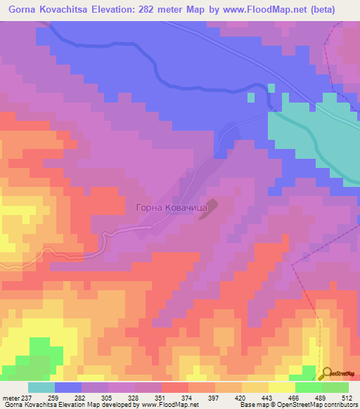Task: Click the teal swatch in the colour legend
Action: (41, 387)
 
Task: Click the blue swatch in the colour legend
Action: (68, 387)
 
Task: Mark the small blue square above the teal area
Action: (271, 86)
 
